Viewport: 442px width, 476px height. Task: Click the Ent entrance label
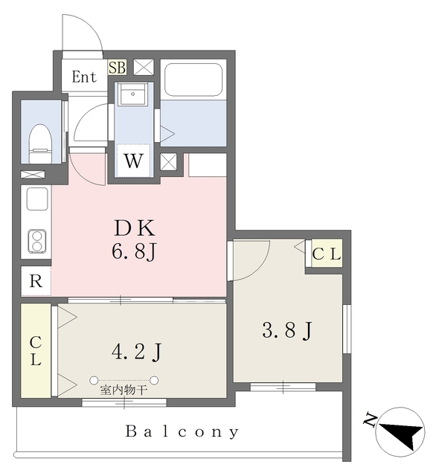[84, 77]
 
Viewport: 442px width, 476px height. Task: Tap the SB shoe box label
[118, 68]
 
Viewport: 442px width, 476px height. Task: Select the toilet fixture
[40, 144]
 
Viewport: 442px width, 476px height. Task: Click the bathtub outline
[193, 80]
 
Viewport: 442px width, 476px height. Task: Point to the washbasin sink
[132, 94]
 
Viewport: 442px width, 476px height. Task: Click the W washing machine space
[133, 161]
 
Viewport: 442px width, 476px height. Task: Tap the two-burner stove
[37, 241]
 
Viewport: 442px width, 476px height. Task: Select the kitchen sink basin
[37, 199]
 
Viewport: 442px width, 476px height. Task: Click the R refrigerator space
[36, 281]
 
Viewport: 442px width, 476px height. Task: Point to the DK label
[134, 228]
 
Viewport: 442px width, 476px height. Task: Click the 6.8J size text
[134, 251]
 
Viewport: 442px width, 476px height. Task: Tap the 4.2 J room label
[136, 352]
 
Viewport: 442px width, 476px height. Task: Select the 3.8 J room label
[287, 330]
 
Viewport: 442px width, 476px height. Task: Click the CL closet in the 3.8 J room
[327, 254]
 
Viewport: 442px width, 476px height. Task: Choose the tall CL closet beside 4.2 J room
[36, 351]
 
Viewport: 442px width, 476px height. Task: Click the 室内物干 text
[124, 390]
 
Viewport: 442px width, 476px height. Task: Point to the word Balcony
[182, 431]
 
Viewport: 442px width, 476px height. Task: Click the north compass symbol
[400, 431]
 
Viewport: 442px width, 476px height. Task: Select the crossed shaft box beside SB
[144, 67]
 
